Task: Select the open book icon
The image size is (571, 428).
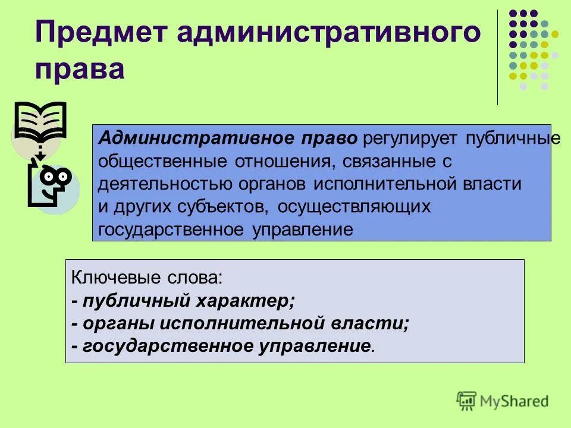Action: [x=40, y=121]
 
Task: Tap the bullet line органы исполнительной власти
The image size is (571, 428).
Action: [x=240, y=323]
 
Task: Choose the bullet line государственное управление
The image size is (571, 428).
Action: [x=223, y=346]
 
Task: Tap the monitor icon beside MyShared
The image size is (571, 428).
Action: [x=467, y=401]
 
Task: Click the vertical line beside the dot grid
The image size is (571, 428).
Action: [x=497, y=57]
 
